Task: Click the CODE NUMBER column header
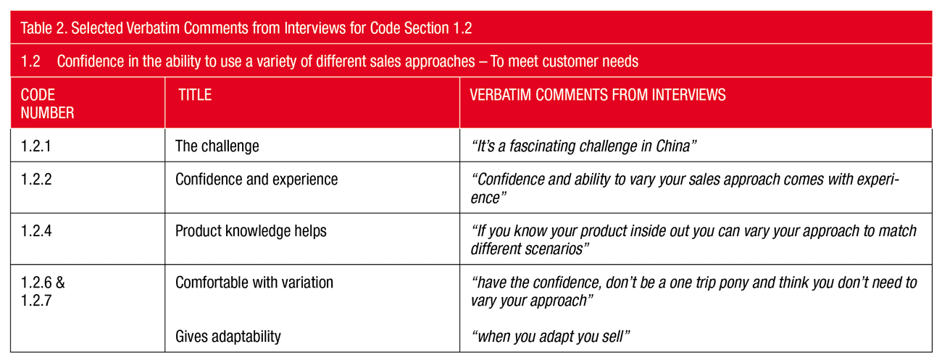pyautogui.click(x=48, y=104)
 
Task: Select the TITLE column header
pyautogui.click(x=195, y=95)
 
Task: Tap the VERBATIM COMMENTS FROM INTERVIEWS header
pyautogui.click(x=598, y=95)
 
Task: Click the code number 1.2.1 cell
pyautogui.click(x=36, y=146)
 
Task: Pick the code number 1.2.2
pyautogui.click(x=36, y=179)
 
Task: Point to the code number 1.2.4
pyautogui.click(x=36, y=231)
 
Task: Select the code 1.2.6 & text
pyautogui.click(x=43, y=282)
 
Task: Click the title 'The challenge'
pyautogui.click(x=217, y=146)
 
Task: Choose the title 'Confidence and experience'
pyautogui.click(x=257, y=180)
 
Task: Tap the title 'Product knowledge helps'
pyautogui.click(x=251, y=231)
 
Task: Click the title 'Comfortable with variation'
pyautogui.click(x=254, y=282)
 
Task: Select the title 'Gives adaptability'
pyautogui.click(x=228, y=336)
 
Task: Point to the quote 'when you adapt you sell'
pyautogui.click(x=551, y=336)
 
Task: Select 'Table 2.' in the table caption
pyautogui.click(x=43, y=28)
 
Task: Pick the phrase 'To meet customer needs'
pyautogui.click(x=564, y=62)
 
